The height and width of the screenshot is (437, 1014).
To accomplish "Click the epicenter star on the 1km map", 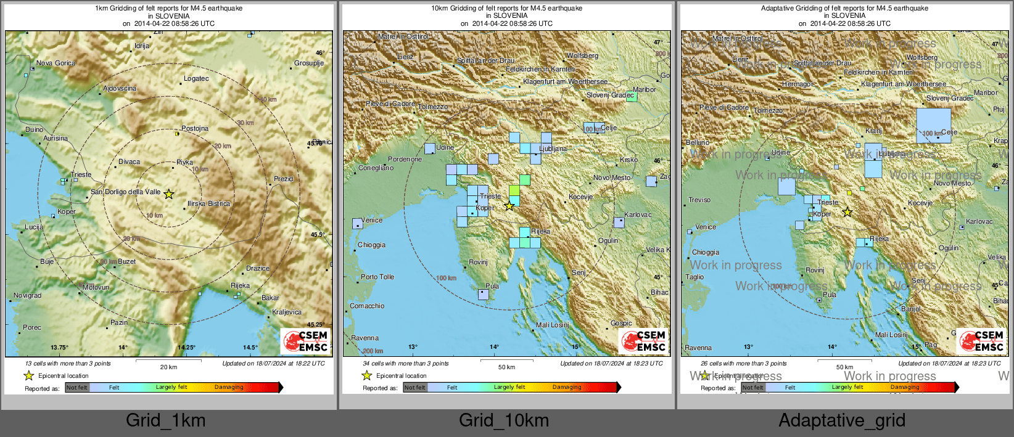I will [x=168, y=194].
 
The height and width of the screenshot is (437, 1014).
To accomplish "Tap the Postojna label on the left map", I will [x=195, y=128].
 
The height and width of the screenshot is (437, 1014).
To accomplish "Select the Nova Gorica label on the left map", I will [x=56, y=63].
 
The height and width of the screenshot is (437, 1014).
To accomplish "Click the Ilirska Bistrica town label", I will [x=208, y=203].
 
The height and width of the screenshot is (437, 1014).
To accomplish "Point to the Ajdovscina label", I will [x=120, y=88].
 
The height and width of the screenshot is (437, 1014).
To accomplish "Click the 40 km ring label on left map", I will [x=268, y=99].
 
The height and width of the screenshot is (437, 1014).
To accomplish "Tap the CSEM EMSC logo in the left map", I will [x=305, y=341].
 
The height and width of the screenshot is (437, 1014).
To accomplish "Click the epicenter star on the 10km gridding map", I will [x=509, y=206].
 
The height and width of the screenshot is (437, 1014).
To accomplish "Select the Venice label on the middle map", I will [x=372, y=220].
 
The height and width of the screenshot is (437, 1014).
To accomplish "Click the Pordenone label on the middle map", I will [x=405, y=159].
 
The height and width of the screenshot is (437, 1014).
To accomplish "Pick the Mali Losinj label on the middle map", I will [x=553, y=325].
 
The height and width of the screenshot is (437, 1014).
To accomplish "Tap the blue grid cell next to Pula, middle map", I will [x=484, y=295].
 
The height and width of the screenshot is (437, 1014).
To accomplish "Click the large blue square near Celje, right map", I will [x=933, y=125].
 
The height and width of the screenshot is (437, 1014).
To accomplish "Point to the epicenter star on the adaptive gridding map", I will [x=847, y=212].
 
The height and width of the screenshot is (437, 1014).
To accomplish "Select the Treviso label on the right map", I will [x=699, y=200].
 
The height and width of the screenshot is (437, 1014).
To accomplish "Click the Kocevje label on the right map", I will [x=920, y=203].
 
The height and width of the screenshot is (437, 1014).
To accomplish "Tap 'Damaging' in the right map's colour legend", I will [x=905, y=387].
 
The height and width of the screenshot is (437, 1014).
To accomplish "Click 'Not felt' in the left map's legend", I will [x=77, y=387].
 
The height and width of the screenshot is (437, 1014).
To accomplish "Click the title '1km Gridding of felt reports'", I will [x=168, y=9].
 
